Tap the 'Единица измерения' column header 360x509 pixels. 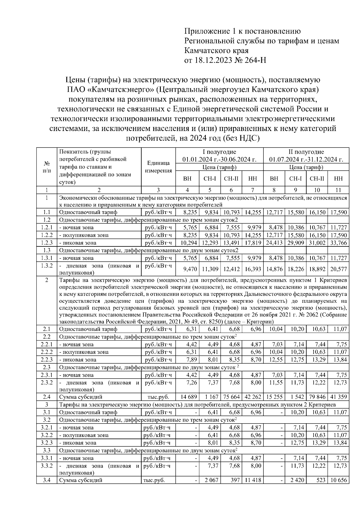click(x=158, y=167)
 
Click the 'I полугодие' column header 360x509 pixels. click(x=219, y=152)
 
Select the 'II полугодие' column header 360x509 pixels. click(x=306, y=152)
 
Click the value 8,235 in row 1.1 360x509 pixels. click(x=190, y=212)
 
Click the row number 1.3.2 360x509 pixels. click(x=46, y=266)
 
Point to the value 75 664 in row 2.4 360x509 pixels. click(x=232, y=397)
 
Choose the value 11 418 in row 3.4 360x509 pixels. click(x=253, y=480)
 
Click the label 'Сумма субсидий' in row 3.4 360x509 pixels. click(x=81, y=480)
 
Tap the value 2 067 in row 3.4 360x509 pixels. click(x=211, y=480)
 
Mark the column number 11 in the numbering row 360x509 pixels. click(x=338, y=190)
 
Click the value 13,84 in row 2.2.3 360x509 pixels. click(x=340, y=360)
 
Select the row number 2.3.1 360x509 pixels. click(x=46, y=375)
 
